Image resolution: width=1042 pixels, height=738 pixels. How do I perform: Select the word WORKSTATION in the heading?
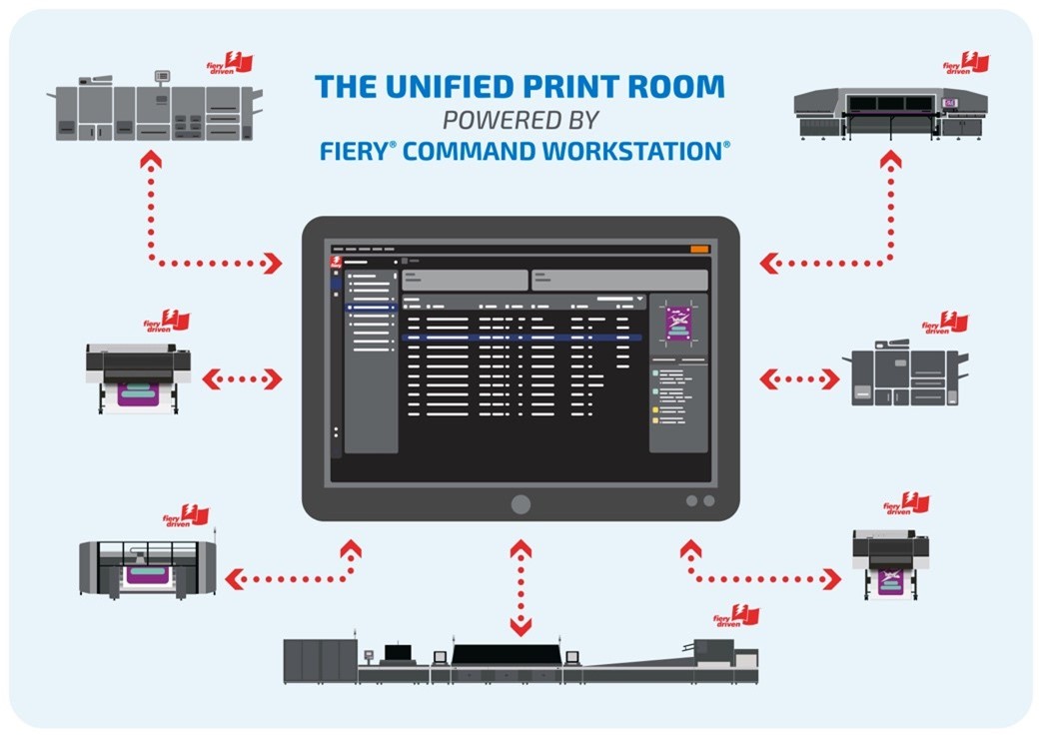649,151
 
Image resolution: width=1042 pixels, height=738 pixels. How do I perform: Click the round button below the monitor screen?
521,503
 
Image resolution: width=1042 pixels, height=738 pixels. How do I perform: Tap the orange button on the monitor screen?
699,249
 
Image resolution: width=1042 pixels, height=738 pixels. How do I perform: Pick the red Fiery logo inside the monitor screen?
337,263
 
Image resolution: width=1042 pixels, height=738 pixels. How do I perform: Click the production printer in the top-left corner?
155,109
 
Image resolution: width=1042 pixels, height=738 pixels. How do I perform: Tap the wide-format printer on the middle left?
139,377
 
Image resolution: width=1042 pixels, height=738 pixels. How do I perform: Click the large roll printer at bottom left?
148,569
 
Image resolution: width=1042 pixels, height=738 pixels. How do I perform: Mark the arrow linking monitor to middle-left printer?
243,378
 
